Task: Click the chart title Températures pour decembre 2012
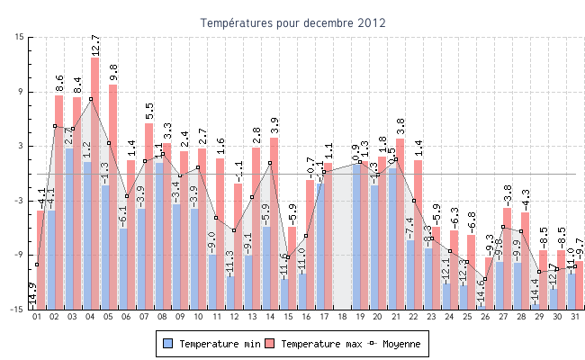(292, 22)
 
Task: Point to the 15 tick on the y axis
(20, 38)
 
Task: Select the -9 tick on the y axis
(20, 255)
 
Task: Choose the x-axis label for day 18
(342, 317)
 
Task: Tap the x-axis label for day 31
(575, 317)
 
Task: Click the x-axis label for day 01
(37, 317)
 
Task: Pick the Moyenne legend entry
(396, 344)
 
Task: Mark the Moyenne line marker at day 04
(90, 99)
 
